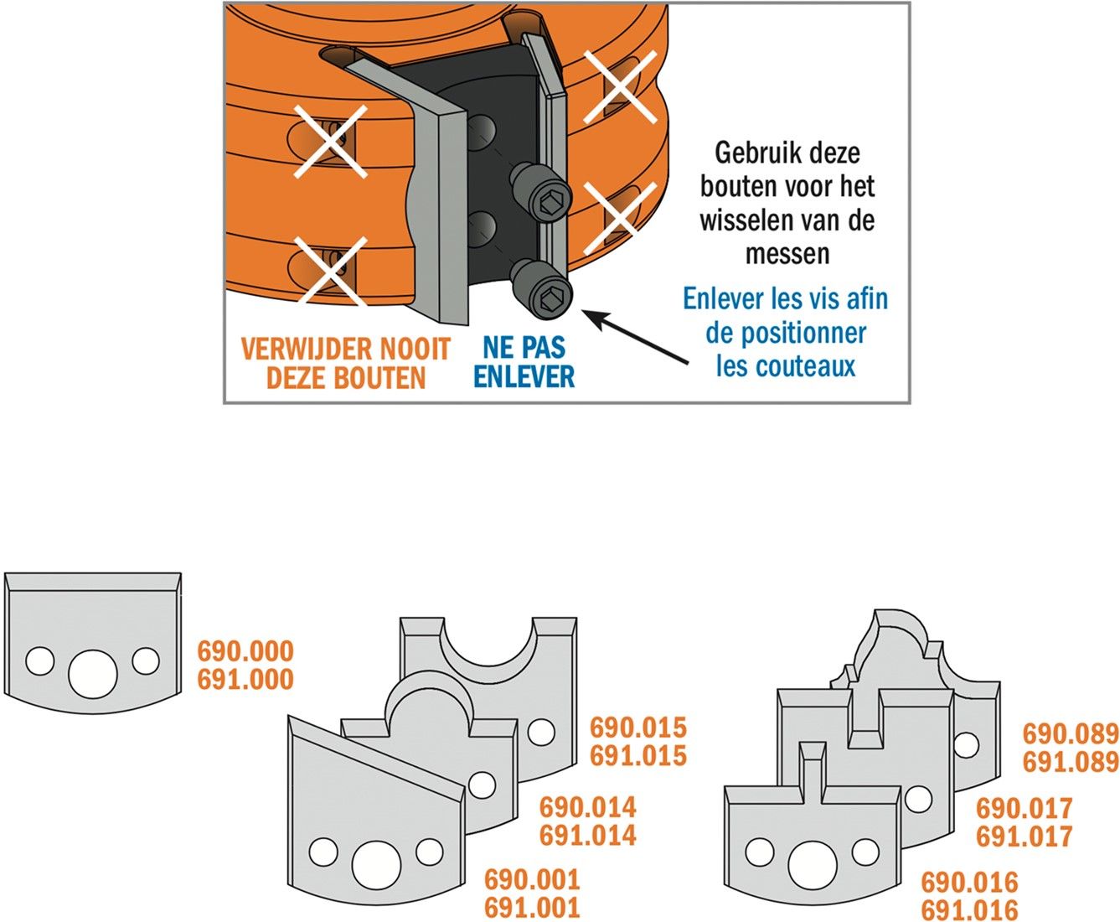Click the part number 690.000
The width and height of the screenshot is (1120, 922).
click(245, 651)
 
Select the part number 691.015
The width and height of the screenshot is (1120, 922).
click(638, 756)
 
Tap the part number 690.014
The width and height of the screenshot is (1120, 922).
click(588, 808)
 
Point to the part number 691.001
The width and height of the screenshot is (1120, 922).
click(532, 907)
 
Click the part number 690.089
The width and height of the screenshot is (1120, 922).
click(1071, 734)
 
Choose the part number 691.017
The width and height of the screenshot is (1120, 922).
click(1025, 837)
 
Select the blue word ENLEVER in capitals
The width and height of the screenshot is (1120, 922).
click(524, 377)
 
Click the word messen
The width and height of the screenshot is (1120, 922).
click(787, 253)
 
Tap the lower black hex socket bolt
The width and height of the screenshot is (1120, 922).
click(543, 290)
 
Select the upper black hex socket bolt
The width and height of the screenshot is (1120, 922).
click(542, 192)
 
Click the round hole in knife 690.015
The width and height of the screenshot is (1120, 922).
click(541, 733)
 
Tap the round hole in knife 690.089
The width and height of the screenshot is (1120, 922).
click(967, 744)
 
